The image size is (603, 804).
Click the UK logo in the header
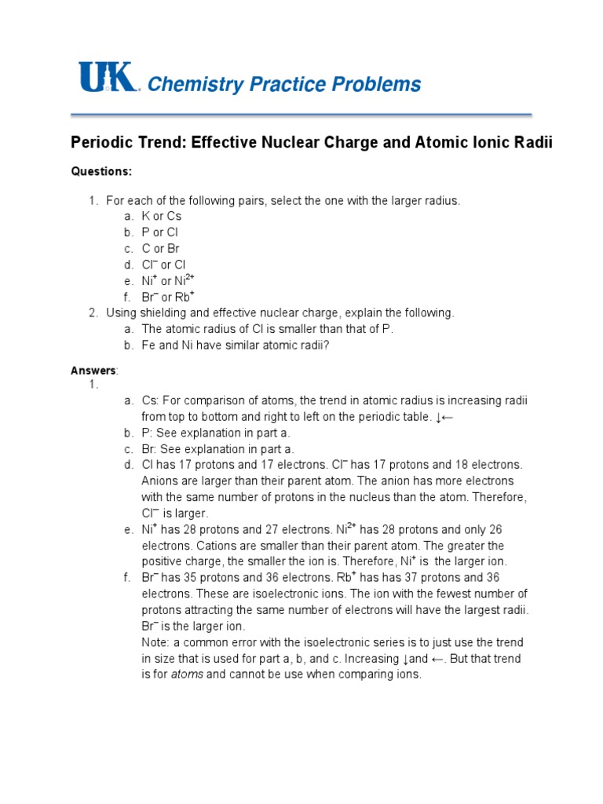point(108,79)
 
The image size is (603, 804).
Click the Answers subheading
point(93,370)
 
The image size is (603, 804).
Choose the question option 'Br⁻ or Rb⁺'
point(167,296)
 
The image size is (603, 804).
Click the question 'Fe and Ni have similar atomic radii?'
point(235,345)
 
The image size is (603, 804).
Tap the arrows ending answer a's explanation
point(444,417)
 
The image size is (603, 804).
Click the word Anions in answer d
point(159,481)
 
